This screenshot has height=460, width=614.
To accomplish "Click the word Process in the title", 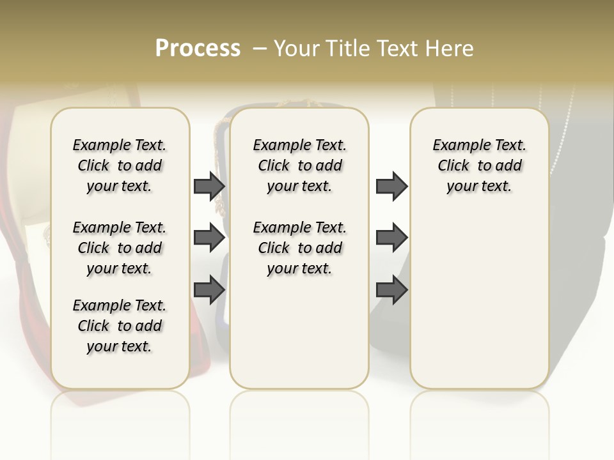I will click(198, 49).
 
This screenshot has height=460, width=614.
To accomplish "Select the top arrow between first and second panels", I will click(209, 186).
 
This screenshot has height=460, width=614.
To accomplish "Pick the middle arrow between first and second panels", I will click(209, 238).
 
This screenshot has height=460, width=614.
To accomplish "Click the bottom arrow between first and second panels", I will click(209, 289).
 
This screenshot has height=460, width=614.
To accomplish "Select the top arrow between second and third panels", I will click(391, 186).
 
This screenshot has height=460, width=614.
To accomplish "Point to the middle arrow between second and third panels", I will click(391, 238).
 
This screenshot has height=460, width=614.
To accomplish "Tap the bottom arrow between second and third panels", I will click(391, 289).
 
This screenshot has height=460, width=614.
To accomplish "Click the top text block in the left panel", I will click(120, 165).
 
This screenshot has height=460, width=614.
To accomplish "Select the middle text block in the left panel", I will click(120, 248).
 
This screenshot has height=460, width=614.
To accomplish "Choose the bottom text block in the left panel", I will click(120, 326).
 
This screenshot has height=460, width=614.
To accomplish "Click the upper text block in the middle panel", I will click(299, 165).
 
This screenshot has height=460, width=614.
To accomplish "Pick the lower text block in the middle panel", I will click(299, 248).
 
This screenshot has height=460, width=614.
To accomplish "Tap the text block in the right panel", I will click(480, 165).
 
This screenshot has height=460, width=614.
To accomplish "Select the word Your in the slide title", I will click(296, 49).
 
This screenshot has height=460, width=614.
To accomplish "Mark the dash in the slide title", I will click(259, 49).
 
